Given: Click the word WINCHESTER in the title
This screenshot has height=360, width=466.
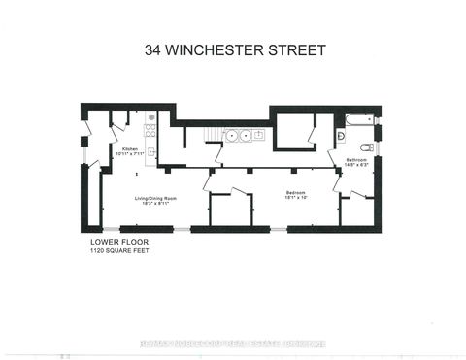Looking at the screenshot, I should [231, 49].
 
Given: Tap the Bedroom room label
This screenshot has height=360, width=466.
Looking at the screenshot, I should [295, 193].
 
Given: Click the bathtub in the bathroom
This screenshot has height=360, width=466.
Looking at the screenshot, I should [358, 122].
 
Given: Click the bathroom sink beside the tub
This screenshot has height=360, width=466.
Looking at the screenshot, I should [341, 138].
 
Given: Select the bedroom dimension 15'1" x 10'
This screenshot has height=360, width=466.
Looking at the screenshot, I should [295, 199].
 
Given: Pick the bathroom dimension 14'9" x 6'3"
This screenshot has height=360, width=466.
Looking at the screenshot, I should [354, 165].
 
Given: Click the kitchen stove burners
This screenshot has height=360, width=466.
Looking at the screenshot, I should [150, 127].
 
